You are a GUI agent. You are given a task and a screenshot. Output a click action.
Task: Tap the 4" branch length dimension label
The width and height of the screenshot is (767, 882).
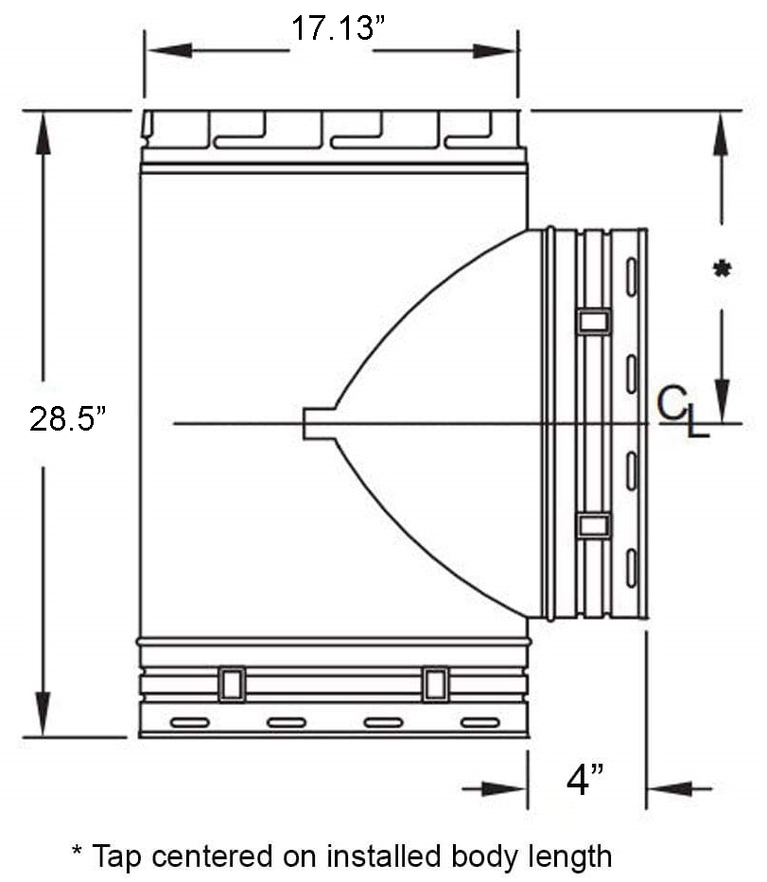tap(585, 781)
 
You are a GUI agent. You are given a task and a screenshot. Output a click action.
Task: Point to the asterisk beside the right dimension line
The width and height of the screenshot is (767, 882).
tap(722, 271)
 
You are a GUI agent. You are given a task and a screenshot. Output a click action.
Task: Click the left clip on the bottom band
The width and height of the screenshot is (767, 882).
tap(232, 684)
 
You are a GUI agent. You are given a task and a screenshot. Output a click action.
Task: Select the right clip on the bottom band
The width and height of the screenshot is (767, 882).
tap(435, 684)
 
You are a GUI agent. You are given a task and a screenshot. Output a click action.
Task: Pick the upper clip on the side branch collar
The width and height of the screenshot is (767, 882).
tap(594, 322)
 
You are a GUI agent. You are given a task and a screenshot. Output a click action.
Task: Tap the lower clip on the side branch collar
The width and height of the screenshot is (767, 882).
tap(594, 525)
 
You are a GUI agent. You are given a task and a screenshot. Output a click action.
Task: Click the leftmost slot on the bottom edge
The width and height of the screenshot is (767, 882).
tap(189, 723)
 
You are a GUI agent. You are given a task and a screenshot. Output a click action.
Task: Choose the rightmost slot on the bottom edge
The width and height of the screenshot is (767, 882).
tap(479, 723)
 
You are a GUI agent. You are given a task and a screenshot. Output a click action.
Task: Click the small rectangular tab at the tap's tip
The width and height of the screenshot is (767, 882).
tap(318, 423)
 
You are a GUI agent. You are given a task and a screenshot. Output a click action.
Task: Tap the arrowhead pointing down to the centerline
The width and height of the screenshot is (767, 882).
tap(723, 397)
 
